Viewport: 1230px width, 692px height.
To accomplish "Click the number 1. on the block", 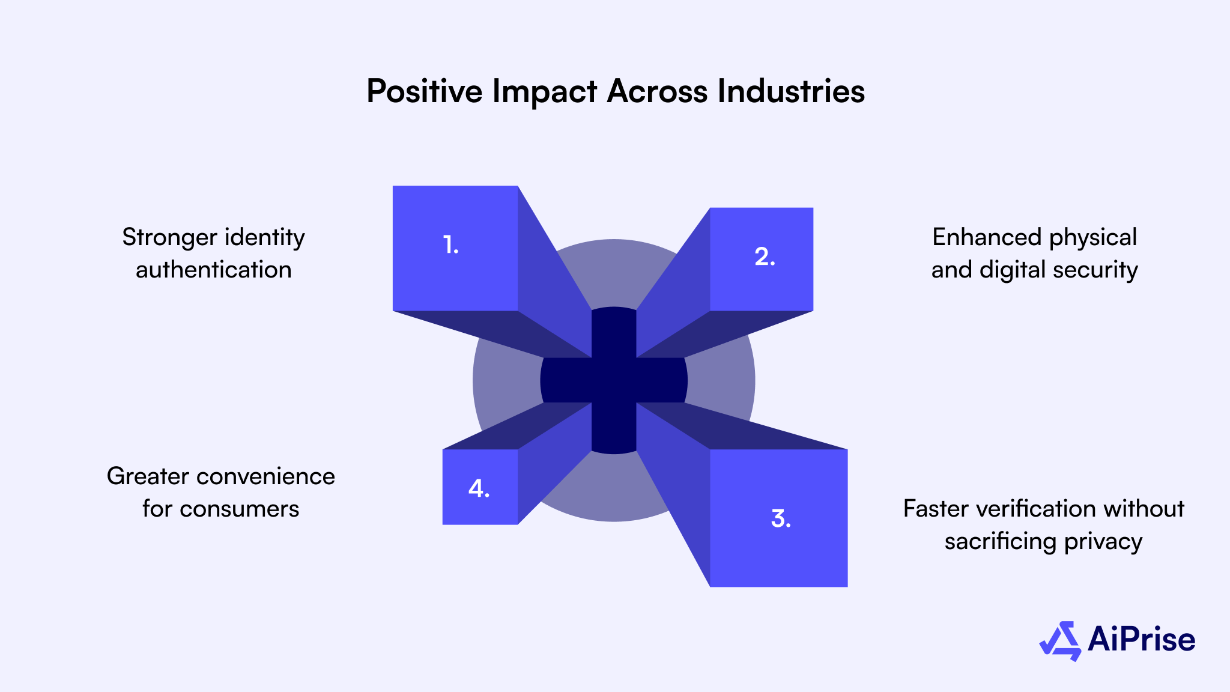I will point(450,245).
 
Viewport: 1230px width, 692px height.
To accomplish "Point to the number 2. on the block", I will point(765,257).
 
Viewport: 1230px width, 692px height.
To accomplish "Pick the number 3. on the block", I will point(780,518).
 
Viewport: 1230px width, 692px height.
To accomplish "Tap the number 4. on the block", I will point(479,488).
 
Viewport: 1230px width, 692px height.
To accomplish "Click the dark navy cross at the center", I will point(614,380).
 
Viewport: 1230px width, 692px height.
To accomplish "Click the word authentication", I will point(213,270).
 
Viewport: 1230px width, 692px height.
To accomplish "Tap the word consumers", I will point(239,509).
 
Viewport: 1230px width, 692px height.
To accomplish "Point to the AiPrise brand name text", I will point(1141,639).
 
